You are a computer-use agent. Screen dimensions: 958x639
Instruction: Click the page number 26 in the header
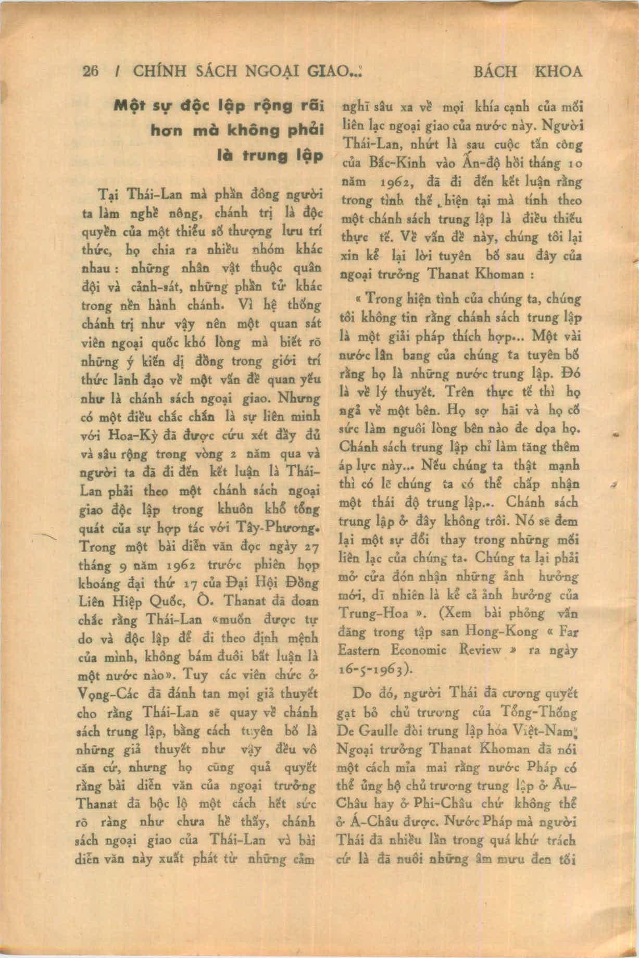(x=91, y=71)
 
